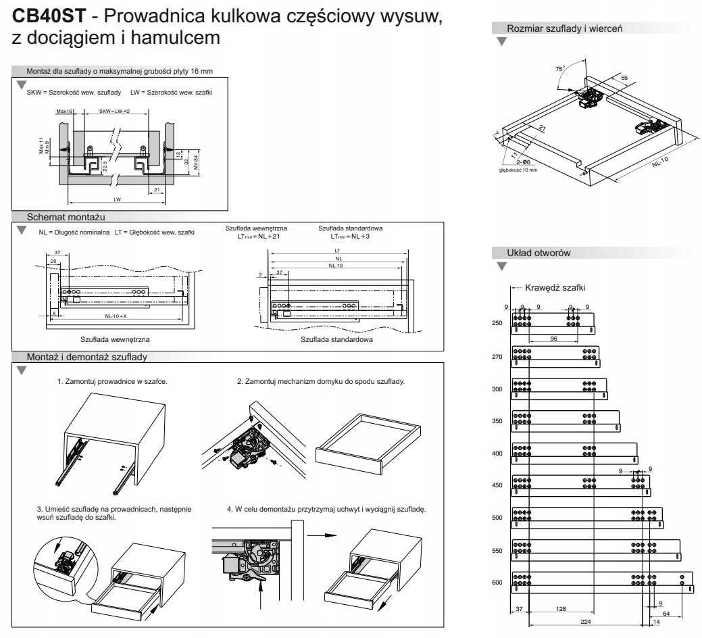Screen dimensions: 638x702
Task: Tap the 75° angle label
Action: click(559, 69)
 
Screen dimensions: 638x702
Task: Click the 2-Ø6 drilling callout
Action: click(521, 162)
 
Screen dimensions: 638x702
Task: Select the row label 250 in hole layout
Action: click(497, 323)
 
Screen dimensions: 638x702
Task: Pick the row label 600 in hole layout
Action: click(497, 582)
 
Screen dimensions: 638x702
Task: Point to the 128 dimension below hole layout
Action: click(561, 610)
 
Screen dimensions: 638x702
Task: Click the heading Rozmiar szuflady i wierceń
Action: click(564, 28)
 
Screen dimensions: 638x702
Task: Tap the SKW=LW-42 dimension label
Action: click(114, 112)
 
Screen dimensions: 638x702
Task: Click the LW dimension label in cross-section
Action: click(117, 200)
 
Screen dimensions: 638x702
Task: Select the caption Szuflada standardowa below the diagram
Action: click(336, 339)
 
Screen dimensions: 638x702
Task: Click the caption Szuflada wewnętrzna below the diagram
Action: click(115, 339)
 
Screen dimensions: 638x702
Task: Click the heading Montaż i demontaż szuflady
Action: click(86, 357)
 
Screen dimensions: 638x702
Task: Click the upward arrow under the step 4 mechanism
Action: click(261, 595)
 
